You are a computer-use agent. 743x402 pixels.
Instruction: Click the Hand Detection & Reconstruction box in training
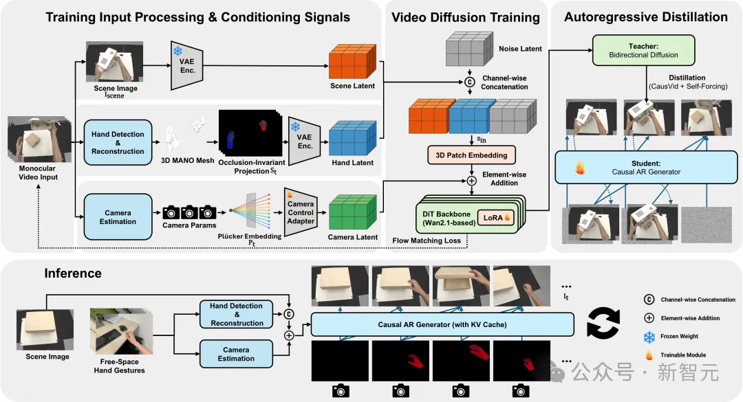[118, 143]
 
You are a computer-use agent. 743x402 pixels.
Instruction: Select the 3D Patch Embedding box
[471, 155]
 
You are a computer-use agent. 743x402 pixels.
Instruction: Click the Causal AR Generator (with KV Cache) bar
[442, 324]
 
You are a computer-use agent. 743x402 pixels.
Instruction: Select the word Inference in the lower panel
[73, 273]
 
